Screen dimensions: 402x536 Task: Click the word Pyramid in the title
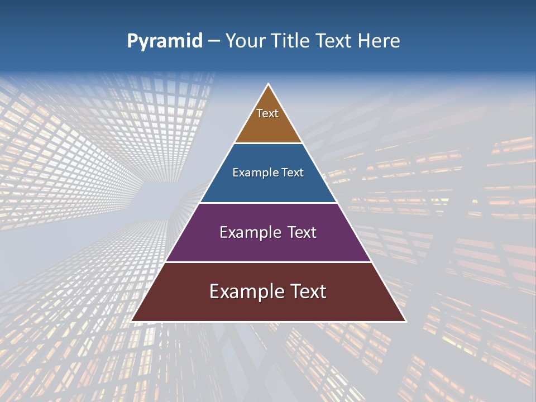(x=164, y=41)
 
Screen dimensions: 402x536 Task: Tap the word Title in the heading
(x=292, y=41)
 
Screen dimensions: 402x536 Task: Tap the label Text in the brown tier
(x=267, y=113)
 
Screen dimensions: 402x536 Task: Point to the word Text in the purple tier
(x=299, y=232)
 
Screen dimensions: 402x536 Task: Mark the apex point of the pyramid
(x=269, y=84)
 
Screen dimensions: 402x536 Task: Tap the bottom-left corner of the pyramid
(x=132, y=321)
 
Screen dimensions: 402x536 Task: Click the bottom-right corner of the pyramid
(x=405, y=321)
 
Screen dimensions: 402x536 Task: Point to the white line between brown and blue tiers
(x=268, y=143)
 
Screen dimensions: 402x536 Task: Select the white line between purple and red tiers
(x=268, y=262)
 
